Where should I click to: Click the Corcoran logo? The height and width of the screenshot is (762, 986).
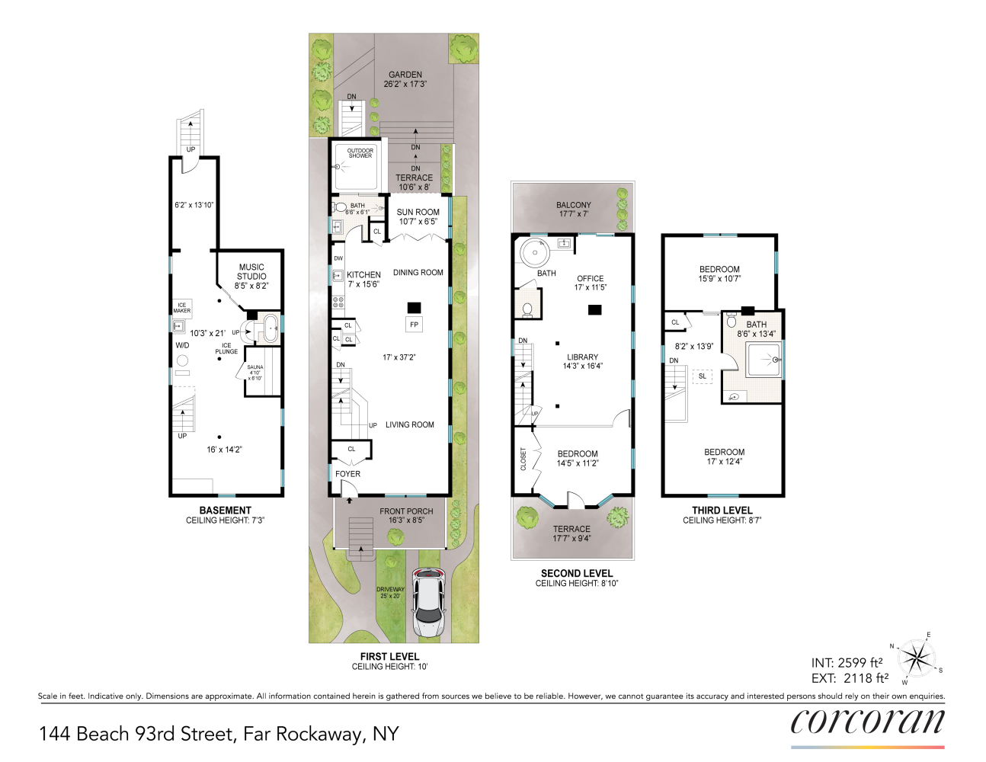point(867,722)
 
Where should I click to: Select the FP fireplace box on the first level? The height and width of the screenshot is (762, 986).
point(414,325)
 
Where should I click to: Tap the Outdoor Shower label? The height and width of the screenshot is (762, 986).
point(360,153)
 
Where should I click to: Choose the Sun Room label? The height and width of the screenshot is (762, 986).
point(418,213)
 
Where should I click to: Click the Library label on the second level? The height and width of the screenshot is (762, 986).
point(582,357)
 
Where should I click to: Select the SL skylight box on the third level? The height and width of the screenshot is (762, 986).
point(702,376)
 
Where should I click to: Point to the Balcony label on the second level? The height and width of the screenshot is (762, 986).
point(574,205)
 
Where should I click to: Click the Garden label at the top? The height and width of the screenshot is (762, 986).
point(405,75)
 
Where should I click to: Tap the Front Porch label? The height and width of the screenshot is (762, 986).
point(406,511)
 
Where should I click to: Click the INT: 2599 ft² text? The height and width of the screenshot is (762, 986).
point(847,663)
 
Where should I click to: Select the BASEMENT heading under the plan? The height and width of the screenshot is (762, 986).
point(225,511)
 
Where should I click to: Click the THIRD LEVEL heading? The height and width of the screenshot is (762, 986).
point(722,511)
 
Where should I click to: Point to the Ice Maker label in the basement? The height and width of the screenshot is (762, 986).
point(181,308)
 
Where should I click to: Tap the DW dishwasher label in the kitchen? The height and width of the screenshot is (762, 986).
point(338,258)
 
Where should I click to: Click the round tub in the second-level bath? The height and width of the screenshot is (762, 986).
point(534,251)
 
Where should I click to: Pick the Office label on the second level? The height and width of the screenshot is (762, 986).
point(590,278)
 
